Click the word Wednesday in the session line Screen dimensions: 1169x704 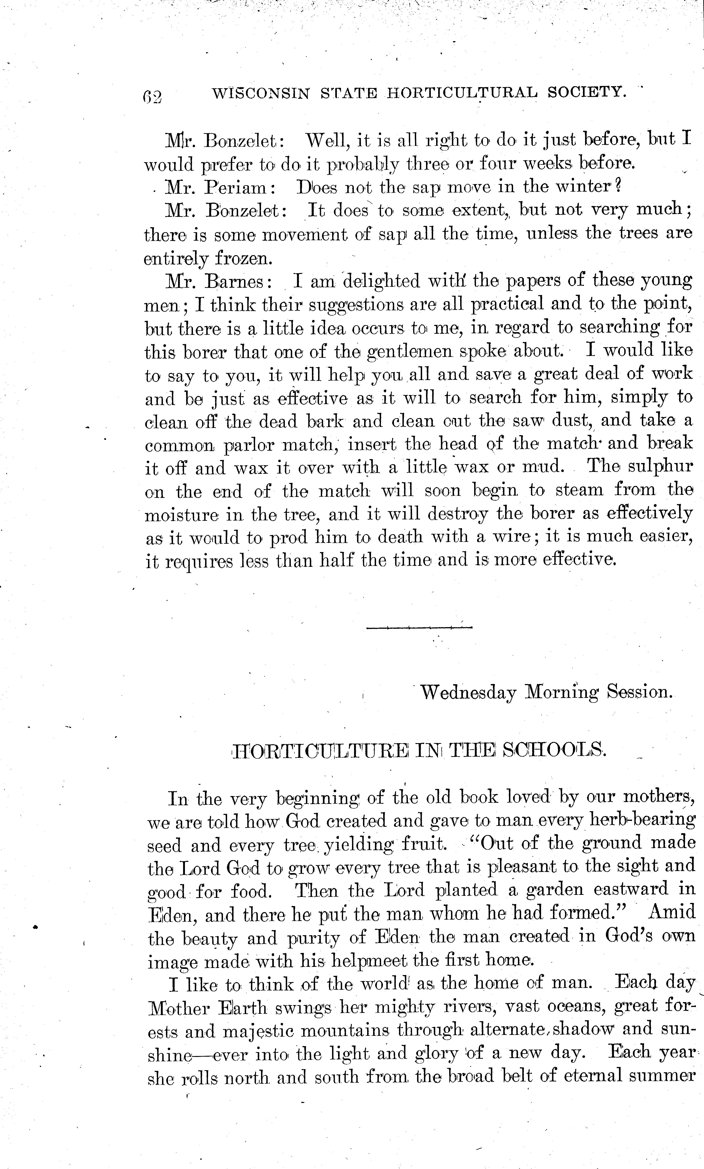(x=468, y=693)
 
